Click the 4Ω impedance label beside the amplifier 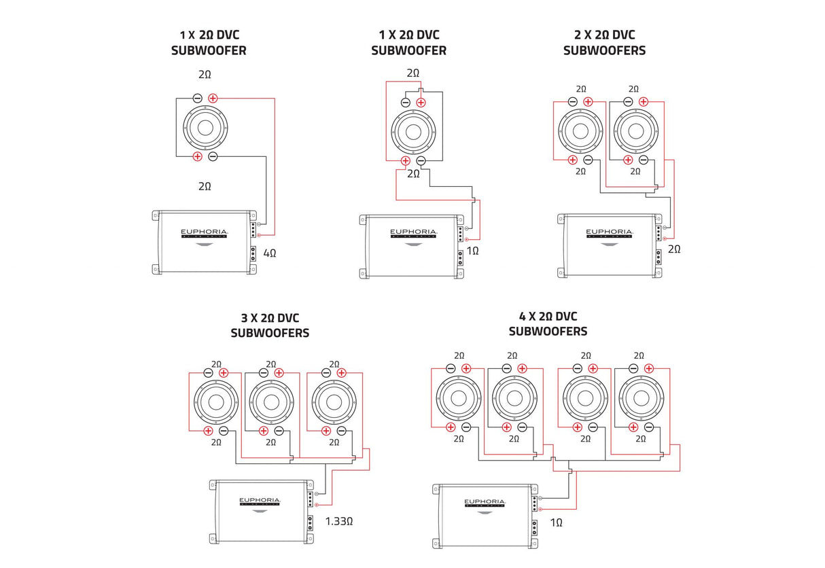pyautogui.click(x=270, y=253)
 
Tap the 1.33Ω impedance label pyautogui.click(x=338, y=521)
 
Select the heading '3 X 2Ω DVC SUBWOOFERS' pyautogui.click(x=270, y=325)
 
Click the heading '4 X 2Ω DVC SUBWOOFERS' pyautogui.click(x=548, y=323)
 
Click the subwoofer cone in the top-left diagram pyautogui.click(x=205, y=127)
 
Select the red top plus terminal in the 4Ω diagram pyautogui.click(x=213, y=98)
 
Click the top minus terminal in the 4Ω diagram pyautogui.click(x=197, y=98)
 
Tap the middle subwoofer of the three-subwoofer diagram pyautogui.click(x=271, y=401)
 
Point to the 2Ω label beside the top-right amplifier pyautogui.click(x=674, y=249)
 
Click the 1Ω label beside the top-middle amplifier pyautogui.click(x=474, y=251)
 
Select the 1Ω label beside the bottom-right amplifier pyautogui.click(x=556, y=522)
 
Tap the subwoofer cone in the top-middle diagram pyautogui.click(x=413, y=131)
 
